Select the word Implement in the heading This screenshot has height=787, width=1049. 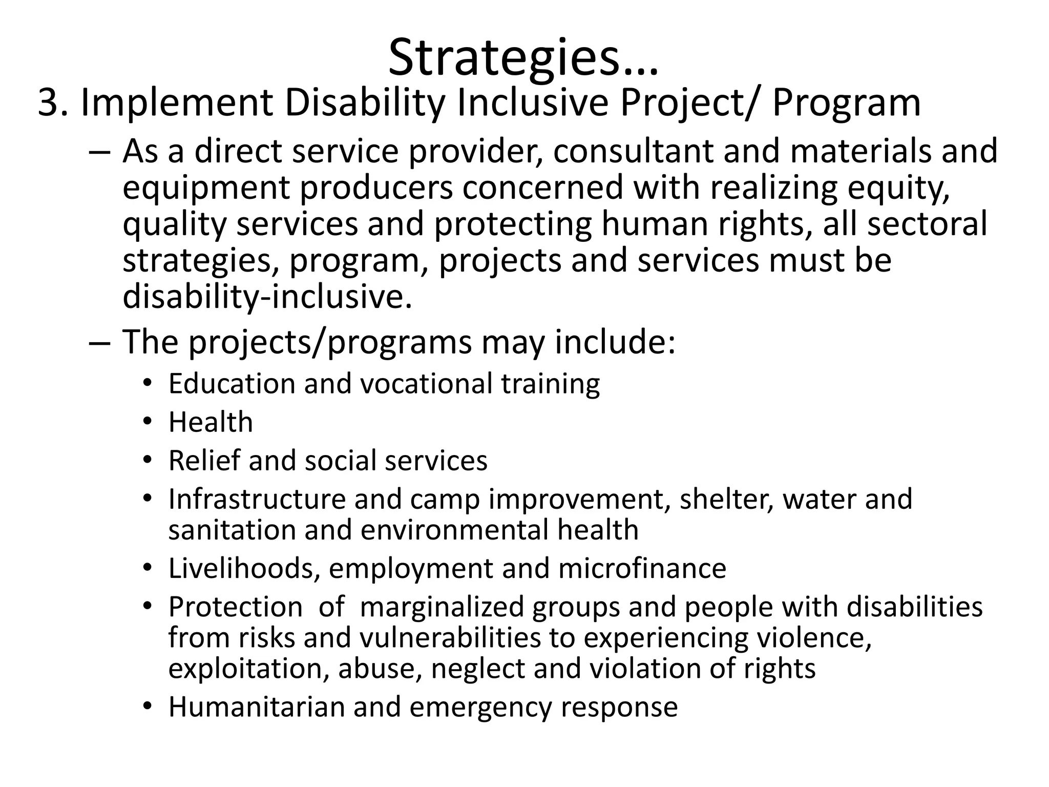(x=177, y=103)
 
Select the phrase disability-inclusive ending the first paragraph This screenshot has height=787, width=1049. (x=266, y=297)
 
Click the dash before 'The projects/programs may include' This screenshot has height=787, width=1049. (x=98, y=342)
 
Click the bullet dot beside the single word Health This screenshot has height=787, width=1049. (x=148, y=422)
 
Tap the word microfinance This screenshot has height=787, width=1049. (x=642, y=568)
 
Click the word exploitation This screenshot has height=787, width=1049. (x=248, y=669)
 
